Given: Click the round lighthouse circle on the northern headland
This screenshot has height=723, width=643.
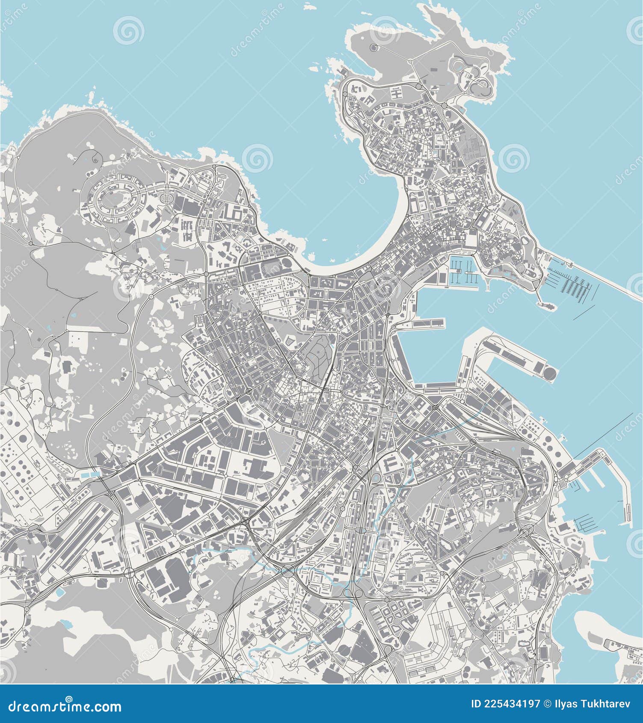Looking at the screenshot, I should click(x=375, y=47).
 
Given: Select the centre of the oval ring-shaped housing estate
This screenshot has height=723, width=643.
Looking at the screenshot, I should click(x=115, y=198).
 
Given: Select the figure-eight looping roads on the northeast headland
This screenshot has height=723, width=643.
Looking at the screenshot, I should click(x=475, y=77).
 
